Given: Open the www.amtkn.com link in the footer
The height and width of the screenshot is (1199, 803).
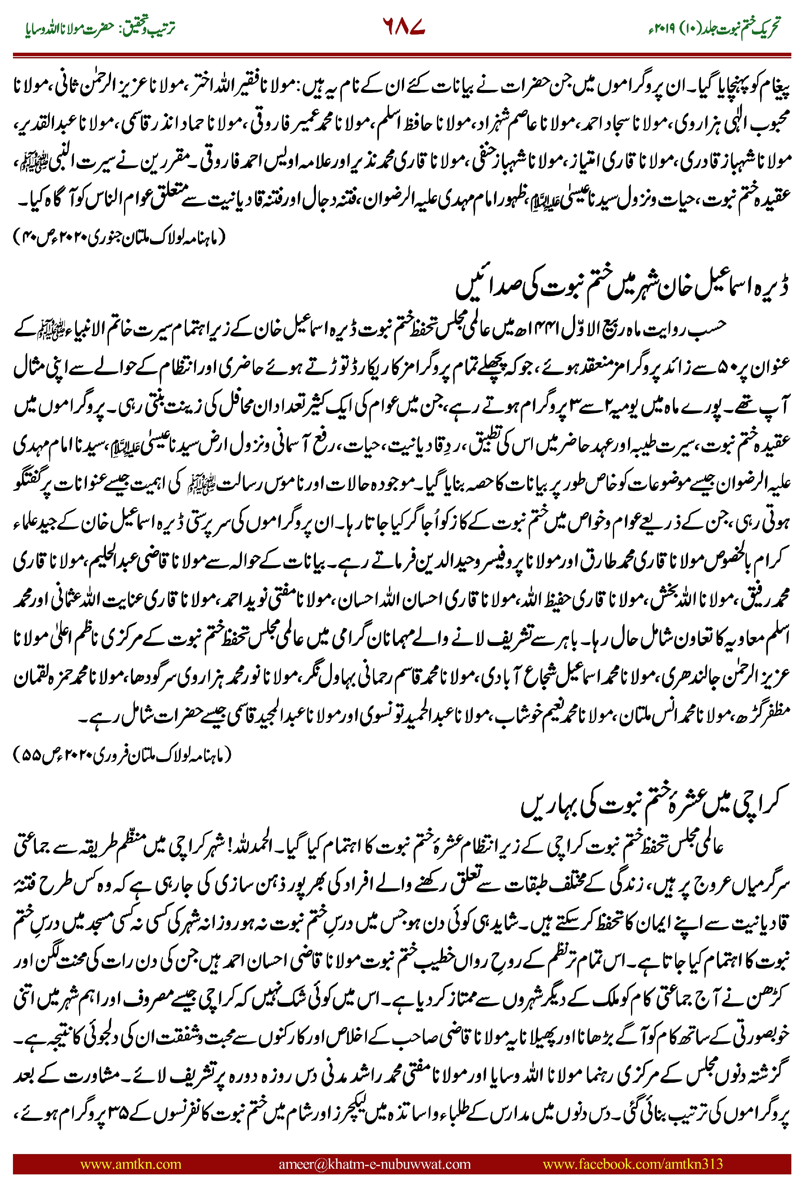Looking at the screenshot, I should tap(131, 1164).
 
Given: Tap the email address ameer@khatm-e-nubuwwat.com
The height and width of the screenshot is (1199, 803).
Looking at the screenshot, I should tap(374, 1164).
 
